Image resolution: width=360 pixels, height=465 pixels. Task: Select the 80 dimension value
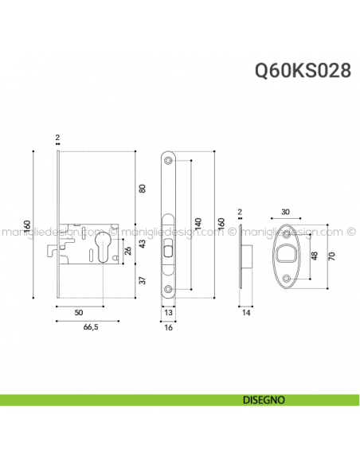[142, 189]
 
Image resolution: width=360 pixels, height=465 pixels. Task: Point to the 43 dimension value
[142, 245]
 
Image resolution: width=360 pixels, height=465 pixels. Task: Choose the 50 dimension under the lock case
[79, 312]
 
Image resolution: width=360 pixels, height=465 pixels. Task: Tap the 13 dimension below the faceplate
[168, 312]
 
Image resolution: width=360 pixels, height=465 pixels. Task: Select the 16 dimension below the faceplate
[168, 326]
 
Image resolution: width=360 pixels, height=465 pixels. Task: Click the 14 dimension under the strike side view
[248, 312]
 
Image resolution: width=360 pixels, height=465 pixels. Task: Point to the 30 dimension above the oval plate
[286, 213]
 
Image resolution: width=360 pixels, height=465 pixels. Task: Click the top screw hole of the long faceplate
[168, 162]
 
